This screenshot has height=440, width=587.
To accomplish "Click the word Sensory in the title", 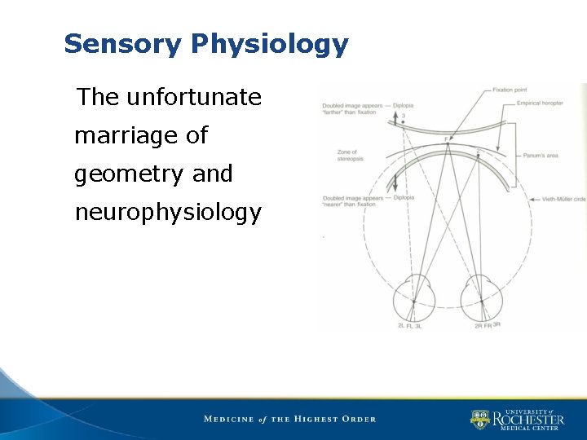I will coord(122,44).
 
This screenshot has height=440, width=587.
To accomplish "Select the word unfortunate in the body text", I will coord(194,98).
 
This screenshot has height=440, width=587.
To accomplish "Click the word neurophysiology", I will coord(168,213).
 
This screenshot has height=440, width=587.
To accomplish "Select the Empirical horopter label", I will coord(540,103).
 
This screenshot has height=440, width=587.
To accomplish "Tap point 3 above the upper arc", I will coord(403,117).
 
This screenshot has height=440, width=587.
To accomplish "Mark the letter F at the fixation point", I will coord(446,140).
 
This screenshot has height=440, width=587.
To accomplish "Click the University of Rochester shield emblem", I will coord(479,420).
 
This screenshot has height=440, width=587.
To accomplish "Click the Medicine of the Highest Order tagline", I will coord(289,419).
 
